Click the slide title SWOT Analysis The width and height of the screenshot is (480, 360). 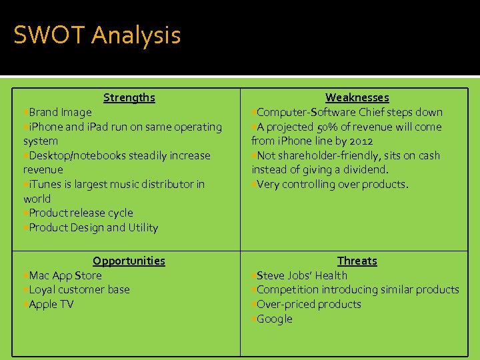[97, 35]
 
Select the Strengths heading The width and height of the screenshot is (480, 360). [129, 98]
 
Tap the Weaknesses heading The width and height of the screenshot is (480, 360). [357, 98]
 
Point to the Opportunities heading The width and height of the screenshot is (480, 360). [129, 261]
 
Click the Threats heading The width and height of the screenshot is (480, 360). [357, 261]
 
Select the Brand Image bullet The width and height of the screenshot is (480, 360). [60, 113]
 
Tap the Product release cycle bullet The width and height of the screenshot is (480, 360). [81, 213]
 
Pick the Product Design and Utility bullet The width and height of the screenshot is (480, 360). [93, 228]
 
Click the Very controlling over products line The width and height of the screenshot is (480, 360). [332, 185]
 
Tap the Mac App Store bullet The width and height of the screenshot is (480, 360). [65, 275]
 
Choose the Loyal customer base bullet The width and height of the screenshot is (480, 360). [79, 290]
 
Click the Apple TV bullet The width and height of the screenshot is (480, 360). [51, 305]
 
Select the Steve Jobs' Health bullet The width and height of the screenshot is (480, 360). [301, 275]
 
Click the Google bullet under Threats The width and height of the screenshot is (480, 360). [274, 319]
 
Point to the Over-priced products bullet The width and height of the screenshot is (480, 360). [309, 305]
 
